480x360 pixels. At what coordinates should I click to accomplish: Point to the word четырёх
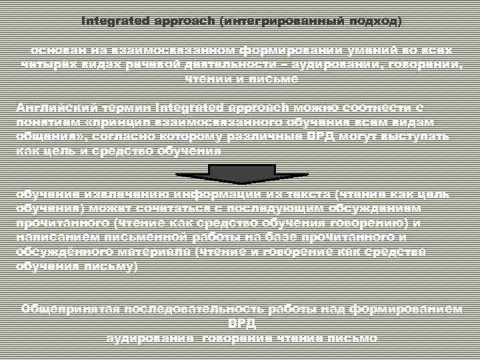pyautogui.click(x=45, y=65)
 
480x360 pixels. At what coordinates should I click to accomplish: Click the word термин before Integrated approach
pyautogui.click(x=125, y=107)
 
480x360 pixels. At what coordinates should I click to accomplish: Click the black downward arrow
pyautogui.click(x=241, y=174)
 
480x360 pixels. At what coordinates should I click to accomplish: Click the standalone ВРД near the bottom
pyautogui.click(x=241, y=323)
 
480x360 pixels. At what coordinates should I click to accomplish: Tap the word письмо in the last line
pyautogui.click(x=355, y=338)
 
